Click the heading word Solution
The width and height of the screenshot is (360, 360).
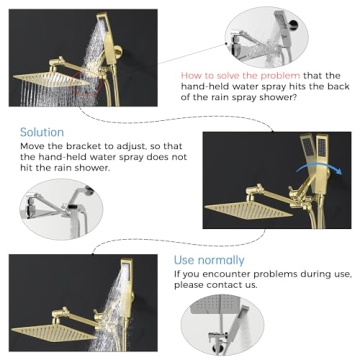(x=42, y=132)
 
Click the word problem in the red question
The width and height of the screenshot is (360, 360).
(x=277, y=75)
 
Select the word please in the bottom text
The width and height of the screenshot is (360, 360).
(x=189, y=284)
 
